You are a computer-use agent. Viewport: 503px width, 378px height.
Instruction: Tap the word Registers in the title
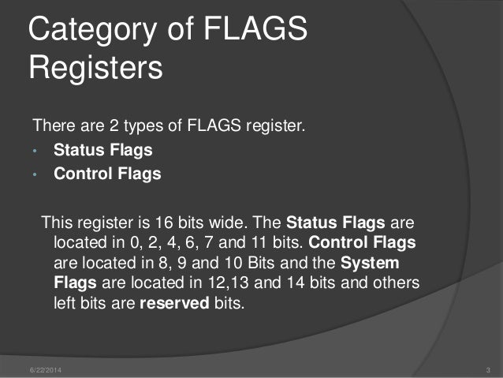(x=95, y=68)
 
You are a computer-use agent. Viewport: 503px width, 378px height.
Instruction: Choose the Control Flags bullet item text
(x=106, y=174)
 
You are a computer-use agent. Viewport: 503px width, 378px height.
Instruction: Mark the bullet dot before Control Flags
(x=35, y=174)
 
